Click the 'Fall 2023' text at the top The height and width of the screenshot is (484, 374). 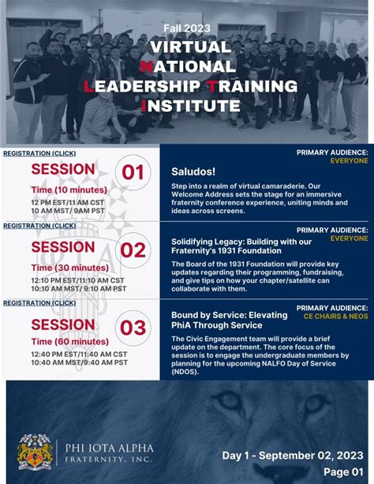186,28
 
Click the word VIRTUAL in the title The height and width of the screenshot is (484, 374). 186,47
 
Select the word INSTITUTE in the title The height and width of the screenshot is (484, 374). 190,105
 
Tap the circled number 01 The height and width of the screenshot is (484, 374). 133,172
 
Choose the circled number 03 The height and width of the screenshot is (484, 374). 133,327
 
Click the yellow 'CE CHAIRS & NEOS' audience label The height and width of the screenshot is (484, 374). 335,316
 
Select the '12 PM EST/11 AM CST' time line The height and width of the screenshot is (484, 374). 68,203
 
